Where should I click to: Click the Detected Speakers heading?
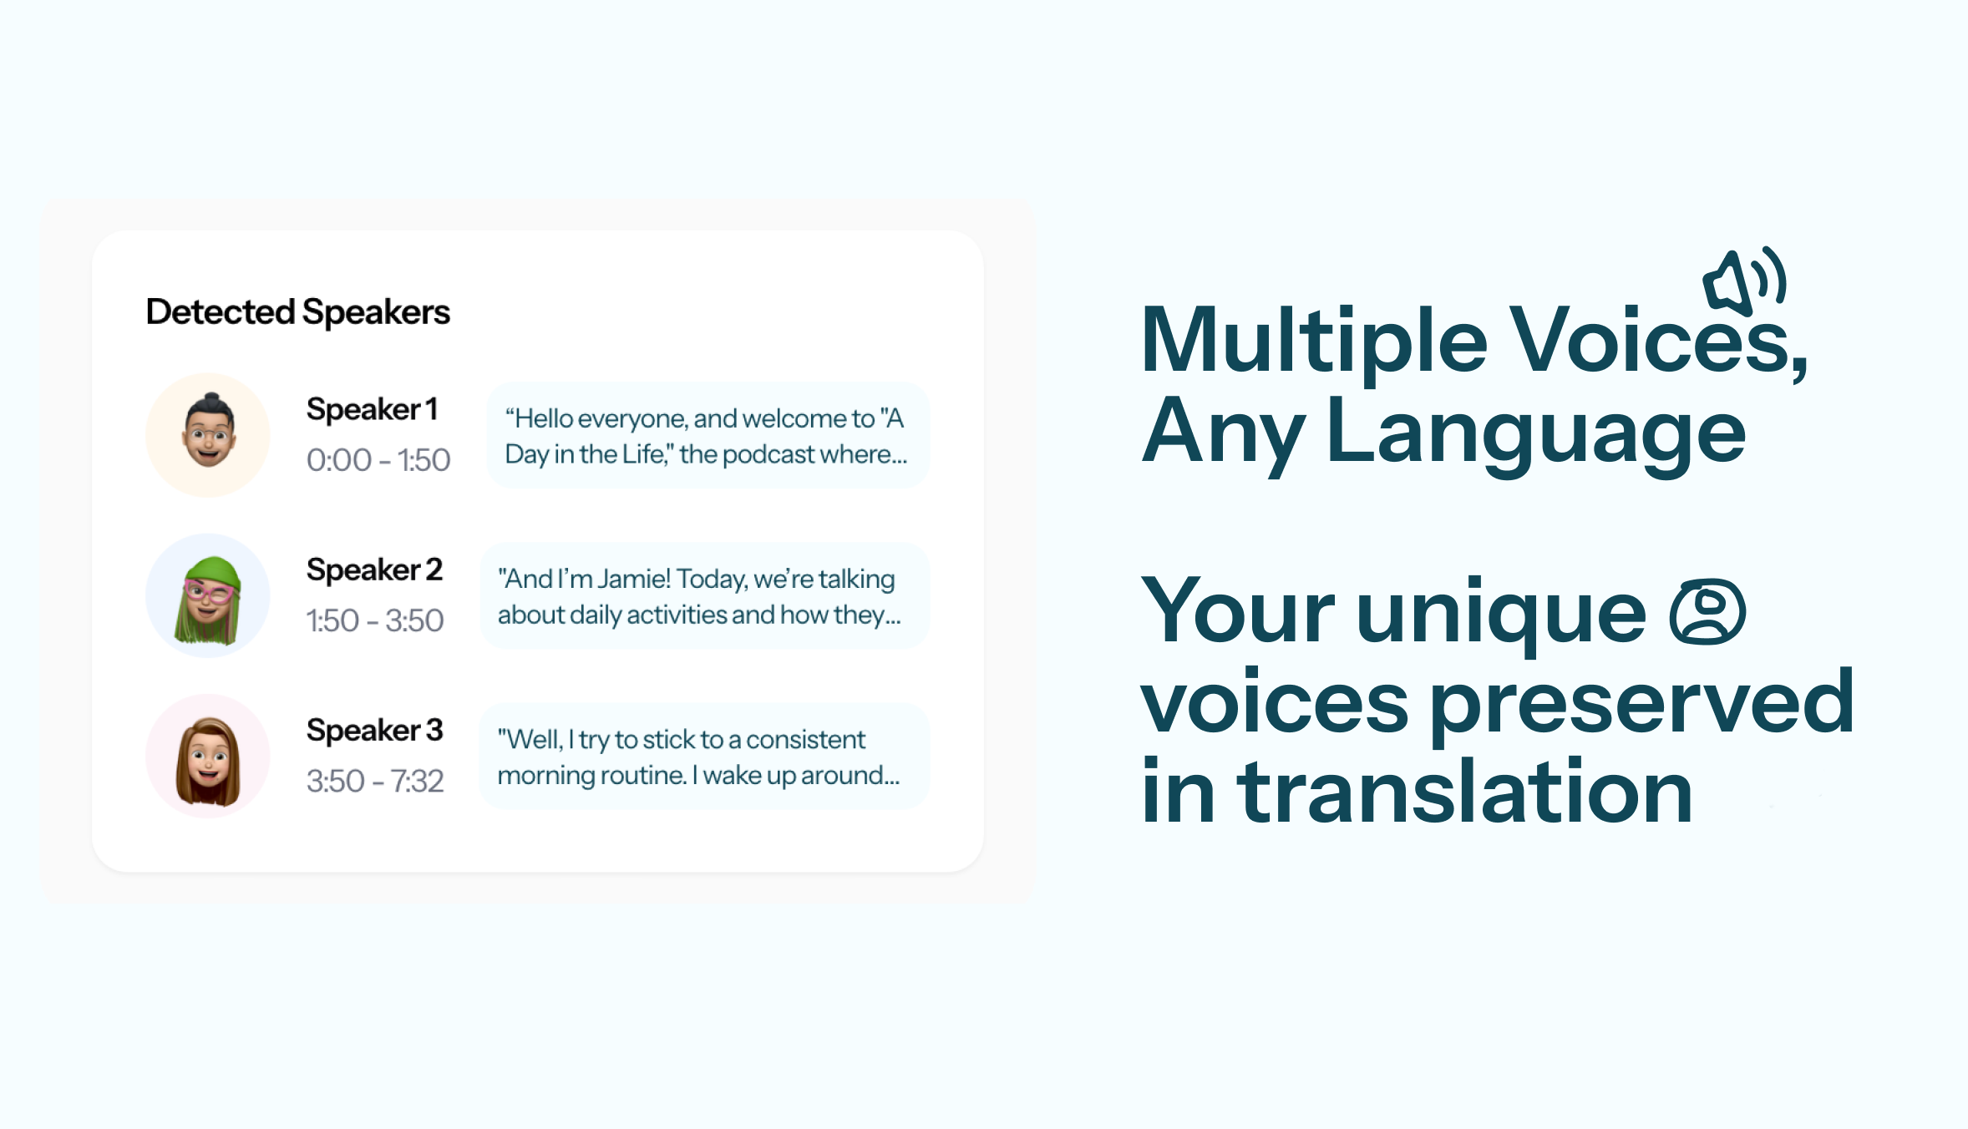[297, 312]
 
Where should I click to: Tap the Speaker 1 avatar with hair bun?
[208, 435]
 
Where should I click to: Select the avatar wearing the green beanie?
[208, 595]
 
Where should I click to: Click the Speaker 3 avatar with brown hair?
[208, 756]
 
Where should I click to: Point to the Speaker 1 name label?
[372, 409]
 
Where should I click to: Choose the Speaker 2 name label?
[374, 570]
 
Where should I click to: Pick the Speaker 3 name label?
[374, 730]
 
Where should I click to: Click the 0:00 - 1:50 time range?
[378, 460]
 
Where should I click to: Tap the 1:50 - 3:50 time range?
[375, 620]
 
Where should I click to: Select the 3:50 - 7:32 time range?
[375, 781]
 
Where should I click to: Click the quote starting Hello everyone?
[707, 435]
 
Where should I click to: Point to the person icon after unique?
[1707, 612]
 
